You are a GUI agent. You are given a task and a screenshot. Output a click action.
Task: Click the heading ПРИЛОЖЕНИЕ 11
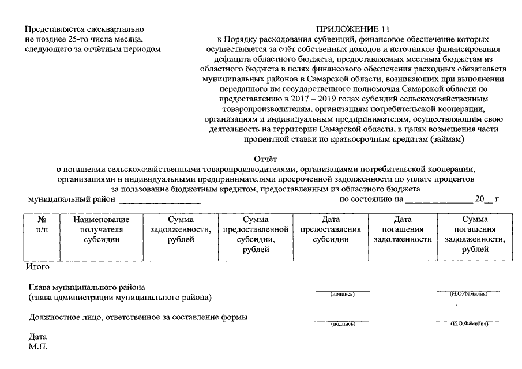(x=348, y=29)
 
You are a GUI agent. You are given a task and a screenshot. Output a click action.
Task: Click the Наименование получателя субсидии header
(x=102, y=229)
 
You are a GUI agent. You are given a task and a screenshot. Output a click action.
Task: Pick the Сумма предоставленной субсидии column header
(x=255, y=234)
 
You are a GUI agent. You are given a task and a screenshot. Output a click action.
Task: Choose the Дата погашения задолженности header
(x=403, y=229)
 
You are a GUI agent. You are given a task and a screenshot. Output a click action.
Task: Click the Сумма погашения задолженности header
(x=475, y=234)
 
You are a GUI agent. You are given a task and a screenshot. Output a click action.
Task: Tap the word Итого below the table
(x=37, y=267)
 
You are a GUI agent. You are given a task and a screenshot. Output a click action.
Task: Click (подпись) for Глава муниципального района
(x=342, y=295)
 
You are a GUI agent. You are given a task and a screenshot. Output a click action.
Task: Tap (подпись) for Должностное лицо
(x=342, y=325)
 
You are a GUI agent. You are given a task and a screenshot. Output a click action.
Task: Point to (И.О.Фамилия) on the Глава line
(x=468, y=295)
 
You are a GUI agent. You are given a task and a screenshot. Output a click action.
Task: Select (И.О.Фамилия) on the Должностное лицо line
(x=468, y=325)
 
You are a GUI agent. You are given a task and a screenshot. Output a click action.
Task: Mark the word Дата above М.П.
(x=37, y=337)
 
